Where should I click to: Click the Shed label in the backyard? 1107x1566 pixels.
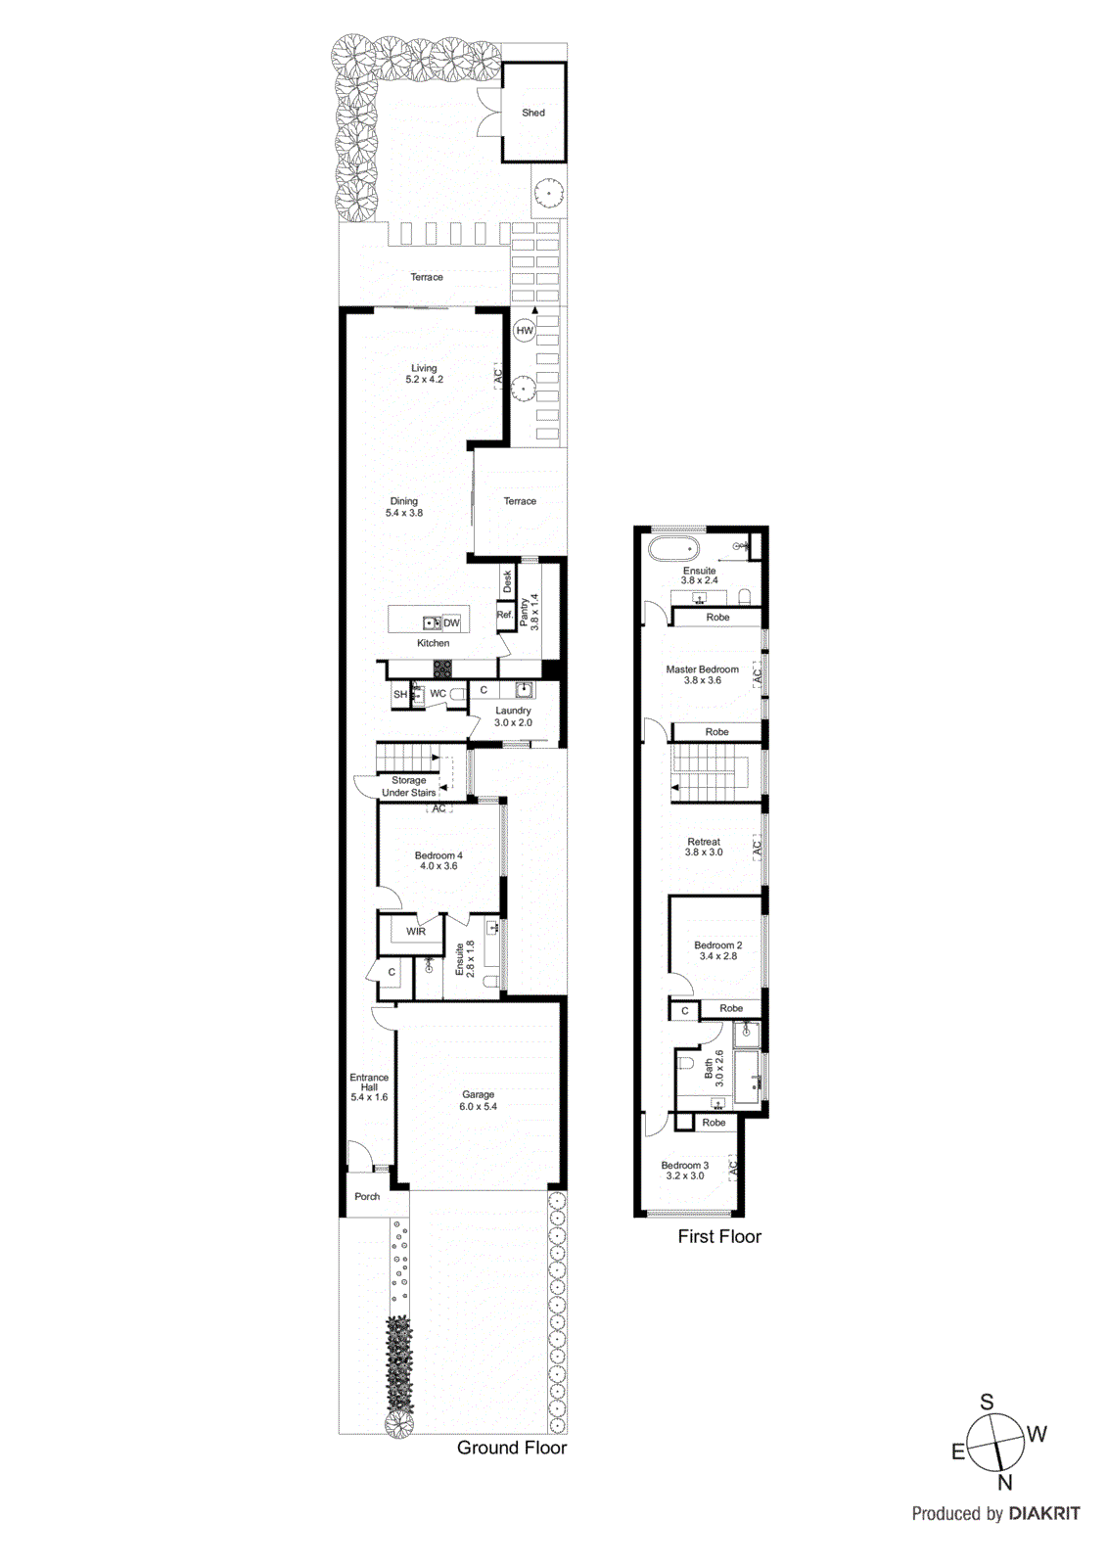[532, 113]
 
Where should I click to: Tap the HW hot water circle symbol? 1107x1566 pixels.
[525, 331]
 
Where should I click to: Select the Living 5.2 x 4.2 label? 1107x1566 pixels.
[424, 374]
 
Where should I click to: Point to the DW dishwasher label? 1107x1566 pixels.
[451, 622]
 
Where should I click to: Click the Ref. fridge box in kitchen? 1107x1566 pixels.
[504, 616]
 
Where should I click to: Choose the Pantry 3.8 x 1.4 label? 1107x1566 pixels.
[529, 612]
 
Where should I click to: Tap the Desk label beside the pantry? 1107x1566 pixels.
[507, 581]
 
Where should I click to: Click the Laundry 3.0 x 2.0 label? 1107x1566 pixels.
[513, 716]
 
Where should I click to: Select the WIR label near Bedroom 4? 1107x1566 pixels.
[416, 932]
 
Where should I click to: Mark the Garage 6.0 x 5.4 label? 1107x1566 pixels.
[478, 1100]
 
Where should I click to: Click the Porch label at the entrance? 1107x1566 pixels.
[367, 1196]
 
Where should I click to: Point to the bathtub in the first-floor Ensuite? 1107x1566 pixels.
[674, 548]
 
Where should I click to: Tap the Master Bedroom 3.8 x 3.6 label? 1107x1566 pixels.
[702, 674]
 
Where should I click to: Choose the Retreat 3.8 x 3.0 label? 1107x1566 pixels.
[704, 847]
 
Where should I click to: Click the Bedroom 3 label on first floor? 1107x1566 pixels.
[684, 1170]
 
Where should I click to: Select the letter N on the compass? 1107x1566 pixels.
[1005, 1482]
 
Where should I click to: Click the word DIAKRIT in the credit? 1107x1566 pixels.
[1044, 1513]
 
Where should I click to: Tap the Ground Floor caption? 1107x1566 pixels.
[512, 1448]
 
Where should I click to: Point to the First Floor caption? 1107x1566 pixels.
[719, 1236]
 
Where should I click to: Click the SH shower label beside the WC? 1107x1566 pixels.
[399, 694]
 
